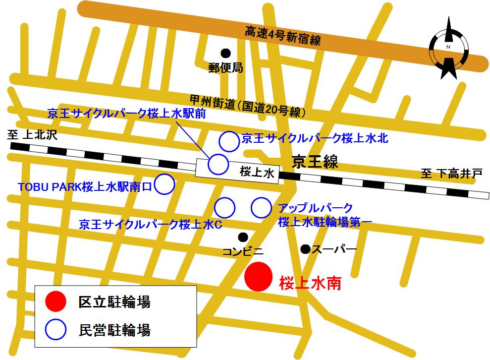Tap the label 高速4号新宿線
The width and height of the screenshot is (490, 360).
coord(283,35)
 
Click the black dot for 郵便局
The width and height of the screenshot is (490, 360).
coord(226,53)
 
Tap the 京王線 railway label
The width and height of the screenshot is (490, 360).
coord(315,162)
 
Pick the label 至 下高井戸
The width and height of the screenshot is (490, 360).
coord(451,174)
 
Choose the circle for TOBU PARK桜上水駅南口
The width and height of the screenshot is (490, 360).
coord(165,184)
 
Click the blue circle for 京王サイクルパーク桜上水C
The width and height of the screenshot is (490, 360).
coord(224,208)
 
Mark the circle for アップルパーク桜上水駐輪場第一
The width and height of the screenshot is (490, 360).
coord(261,208)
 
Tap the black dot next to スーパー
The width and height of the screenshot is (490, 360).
coord(305,248)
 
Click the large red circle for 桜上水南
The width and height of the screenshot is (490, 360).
coord(259,277)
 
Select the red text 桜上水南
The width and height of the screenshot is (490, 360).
coord(311,284)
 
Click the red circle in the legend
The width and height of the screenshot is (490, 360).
coord(55,301)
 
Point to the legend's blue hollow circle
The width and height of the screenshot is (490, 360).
coord(55,329)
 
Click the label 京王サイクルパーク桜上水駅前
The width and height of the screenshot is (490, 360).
coord(126,114)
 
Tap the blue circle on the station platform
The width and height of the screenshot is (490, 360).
coord(218,164)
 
